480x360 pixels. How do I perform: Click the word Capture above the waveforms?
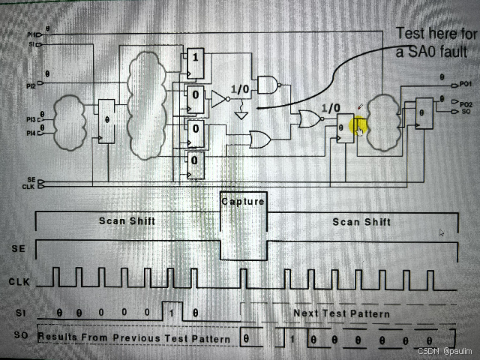pos(243,202)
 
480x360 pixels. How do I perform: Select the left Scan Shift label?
pos(128,221)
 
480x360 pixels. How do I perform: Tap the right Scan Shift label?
pos(361,221)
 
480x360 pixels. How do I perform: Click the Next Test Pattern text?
pos(341,313)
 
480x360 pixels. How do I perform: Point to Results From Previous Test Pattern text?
pos(135,338)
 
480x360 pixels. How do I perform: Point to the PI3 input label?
pos(31,119)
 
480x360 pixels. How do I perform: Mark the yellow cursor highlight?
pos(358,129)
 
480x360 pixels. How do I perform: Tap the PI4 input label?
pos(31,133)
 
